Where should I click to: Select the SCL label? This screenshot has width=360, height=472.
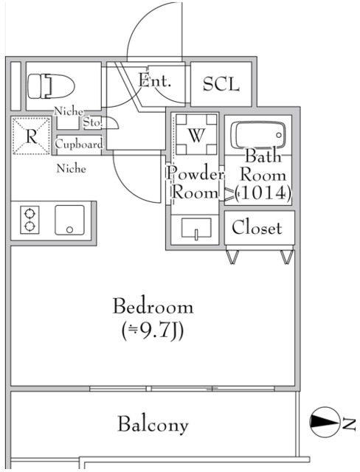(221, 84)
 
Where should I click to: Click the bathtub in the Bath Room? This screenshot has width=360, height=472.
(257, 136)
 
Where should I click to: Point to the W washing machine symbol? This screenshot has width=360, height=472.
(195, 136)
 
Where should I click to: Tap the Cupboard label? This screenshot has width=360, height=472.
(79, 145)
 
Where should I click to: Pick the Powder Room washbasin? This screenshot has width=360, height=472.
(196, 228)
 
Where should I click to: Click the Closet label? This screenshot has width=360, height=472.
(257, 228)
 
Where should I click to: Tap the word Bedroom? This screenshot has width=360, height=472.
(153, 306)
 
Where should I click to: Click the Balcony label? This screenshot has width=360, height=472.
(153, 425)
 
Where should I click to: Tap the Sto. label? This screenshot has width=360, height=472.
(93, 122)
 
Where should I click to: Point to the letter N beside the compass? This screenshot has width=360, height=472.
(349, 423)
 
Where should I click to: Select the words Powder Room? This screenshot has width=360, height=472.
(195, 184)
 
